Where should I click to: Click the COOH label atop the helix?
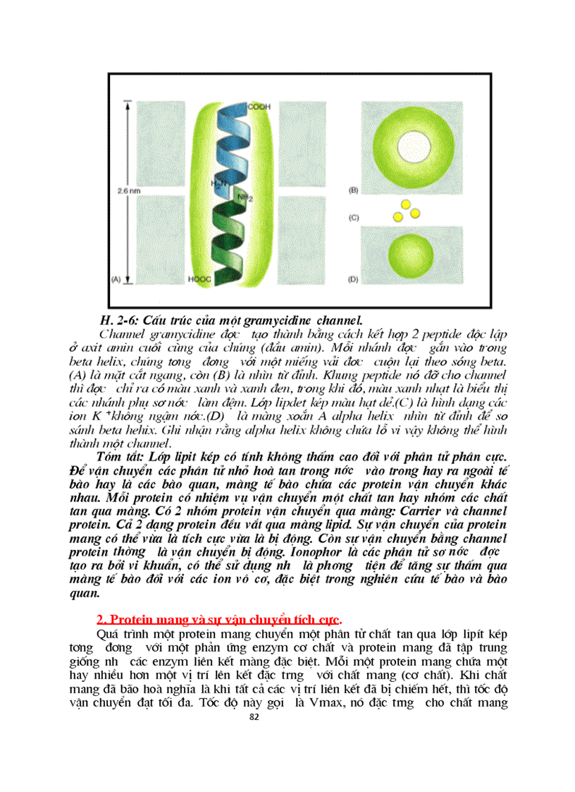[x=258, y=106]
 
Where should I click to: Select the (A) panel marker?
[x=117, y=279]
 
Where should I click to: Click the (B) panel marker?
[x=354, y=190]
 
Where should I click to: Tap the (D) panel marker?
[x=354, y=279]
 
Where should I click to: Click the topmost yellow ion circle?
[x=405, y=204]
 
